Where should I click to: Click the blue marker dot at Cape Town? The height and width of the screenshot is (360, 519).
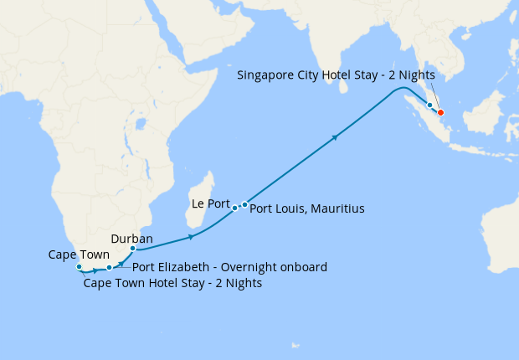pos(79,267)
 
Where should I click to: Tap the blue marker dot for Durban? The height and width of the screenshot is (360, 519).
pos(133,249)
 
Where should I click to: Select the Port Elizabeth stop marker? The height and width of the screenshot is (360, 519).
pos(109,269)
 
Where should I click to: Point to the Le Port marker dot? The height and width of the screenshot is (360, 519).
pos(235,208)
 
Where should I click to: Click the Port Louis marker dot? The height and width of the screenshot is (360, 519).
pos(244,204)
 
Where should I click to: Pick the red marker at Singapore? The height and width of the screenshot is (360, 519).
pos(440,113)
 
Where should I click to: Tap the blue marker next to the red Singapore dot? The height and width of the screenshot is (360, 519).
pos(430,105)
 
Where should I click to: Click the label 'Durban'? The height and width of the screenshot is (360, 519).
pos(131,238)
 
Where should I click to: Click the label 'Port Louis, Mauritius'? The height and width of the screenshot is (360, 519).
pos(307,208)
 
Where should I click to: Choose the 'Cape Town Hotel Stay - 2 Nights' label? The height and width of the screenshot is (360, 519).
pos(173,283)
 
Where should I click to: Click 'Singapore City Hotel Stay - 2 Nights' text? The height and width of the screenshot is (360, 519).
pos(336,75)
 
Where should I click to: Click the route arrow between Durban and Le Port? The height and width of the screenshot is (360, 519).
pos(192,238)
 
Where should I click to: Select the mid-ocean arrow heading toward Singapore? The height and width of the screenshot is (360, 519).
pos(336,136)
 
